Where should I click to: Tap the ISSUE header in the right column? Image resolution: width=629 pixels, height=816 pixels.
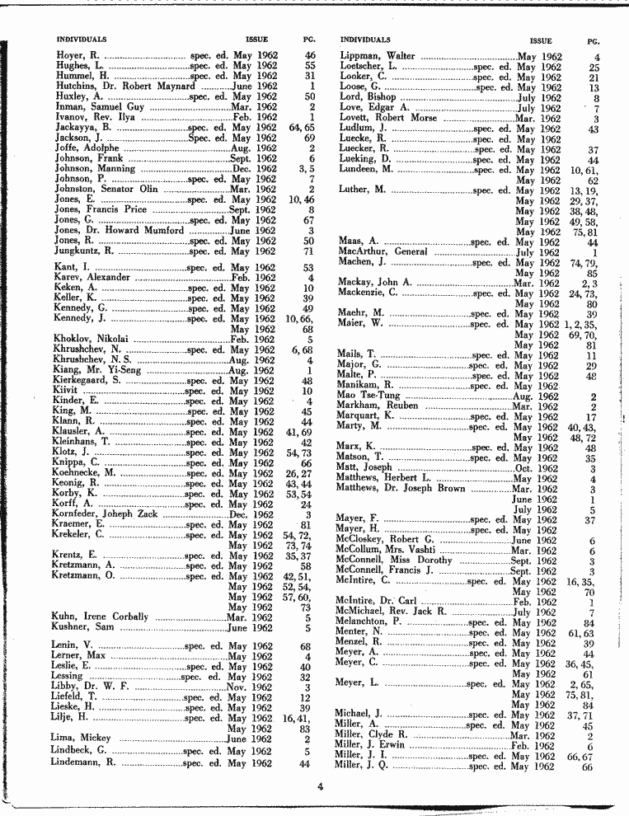(x=541, y=40)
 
